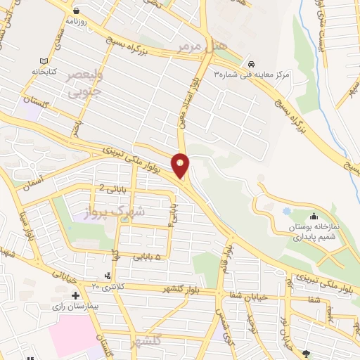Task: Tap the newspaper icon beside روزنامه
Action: pyautogui.click(x=76, y=12)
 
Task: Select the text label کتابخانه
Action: pyautogui.click(x=33, y=71)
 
